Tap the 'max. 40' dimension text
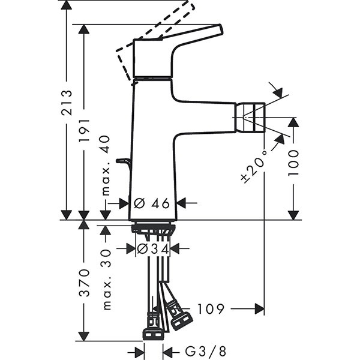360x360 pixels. pos(106,164)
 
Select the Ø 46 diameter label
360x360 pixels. pos(153,203)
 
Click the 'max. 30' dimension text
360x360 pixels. pos(106,280)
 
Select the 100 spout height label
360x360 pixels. pos(293,161)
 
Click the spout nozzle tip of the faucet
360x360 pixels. pos(251,118)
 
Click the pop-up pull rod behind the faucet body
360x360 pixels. pos(124,161)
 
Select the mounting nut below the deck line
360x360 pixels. pos(153,229)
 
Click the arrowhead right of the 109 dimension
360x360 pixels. pos(259,309)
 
